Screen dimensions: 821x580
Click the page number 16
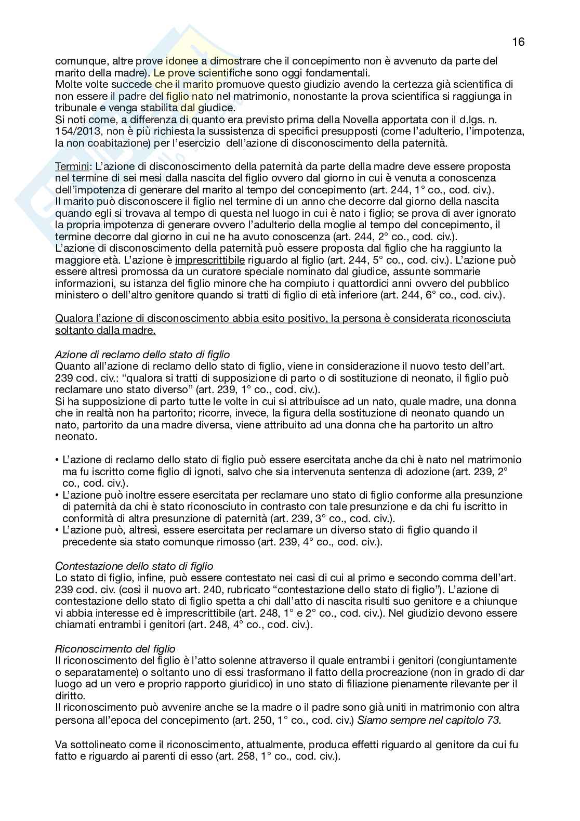coord(518,42)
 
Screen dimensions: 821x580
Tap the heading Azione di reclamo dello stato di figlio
coord(142,355)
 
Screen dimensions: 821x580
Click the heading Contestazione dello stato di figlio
coord(134,566)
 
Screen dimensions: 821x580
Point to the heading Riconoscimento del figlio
coord(115,649)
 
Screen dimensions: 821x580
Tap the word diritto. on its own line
coord(69,696)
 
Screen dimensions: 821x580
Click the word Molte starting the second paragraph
coord(68,84)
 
